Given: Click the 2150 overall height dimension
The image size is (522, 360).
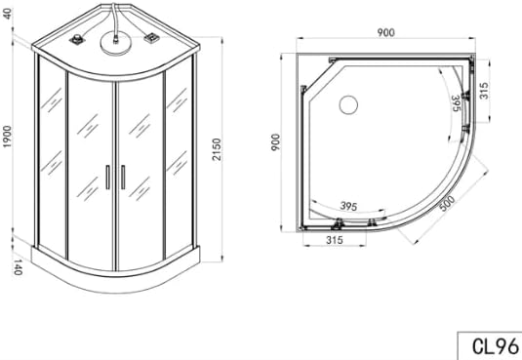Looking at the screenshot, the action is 217,149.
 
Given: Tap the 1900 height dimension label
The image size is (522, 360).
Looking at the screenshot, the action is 8,137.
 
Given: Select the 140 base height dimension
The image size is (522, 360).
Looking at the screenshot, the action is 18,267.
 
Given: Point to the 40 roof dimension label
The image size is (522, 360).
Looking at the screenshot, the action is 8,14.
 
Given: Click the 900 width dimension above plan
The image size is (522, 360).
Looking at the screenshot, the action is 385,32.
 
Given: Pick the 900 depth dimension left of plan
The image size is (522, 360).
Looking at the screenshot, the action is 276,142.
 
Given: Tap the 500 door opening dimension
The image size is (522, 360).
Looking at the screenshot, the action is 447,203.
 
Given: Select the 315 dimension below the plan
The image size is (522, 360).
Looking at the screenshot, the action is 335,240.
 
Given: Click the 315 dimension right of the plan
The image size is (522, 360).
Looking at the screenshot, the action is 484,91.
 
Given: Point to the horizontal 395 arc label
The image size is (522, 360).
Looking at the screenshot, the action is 348,207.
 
